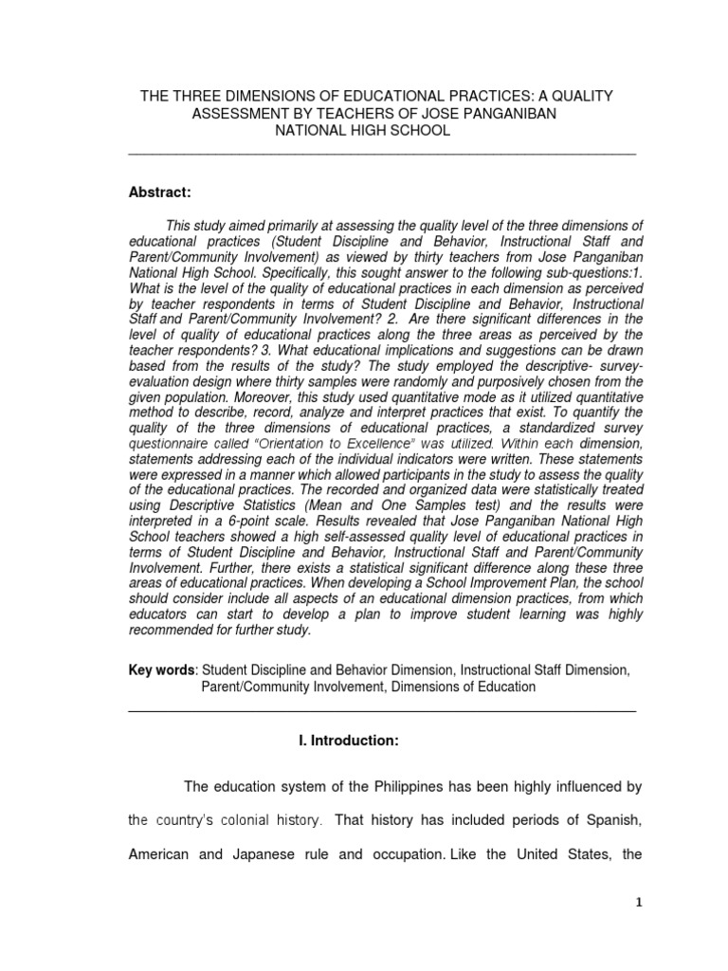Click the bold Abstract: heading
coord(160,192)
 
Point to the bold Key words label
coord(161,669)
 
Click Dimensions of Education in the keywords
coord(464,686)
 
